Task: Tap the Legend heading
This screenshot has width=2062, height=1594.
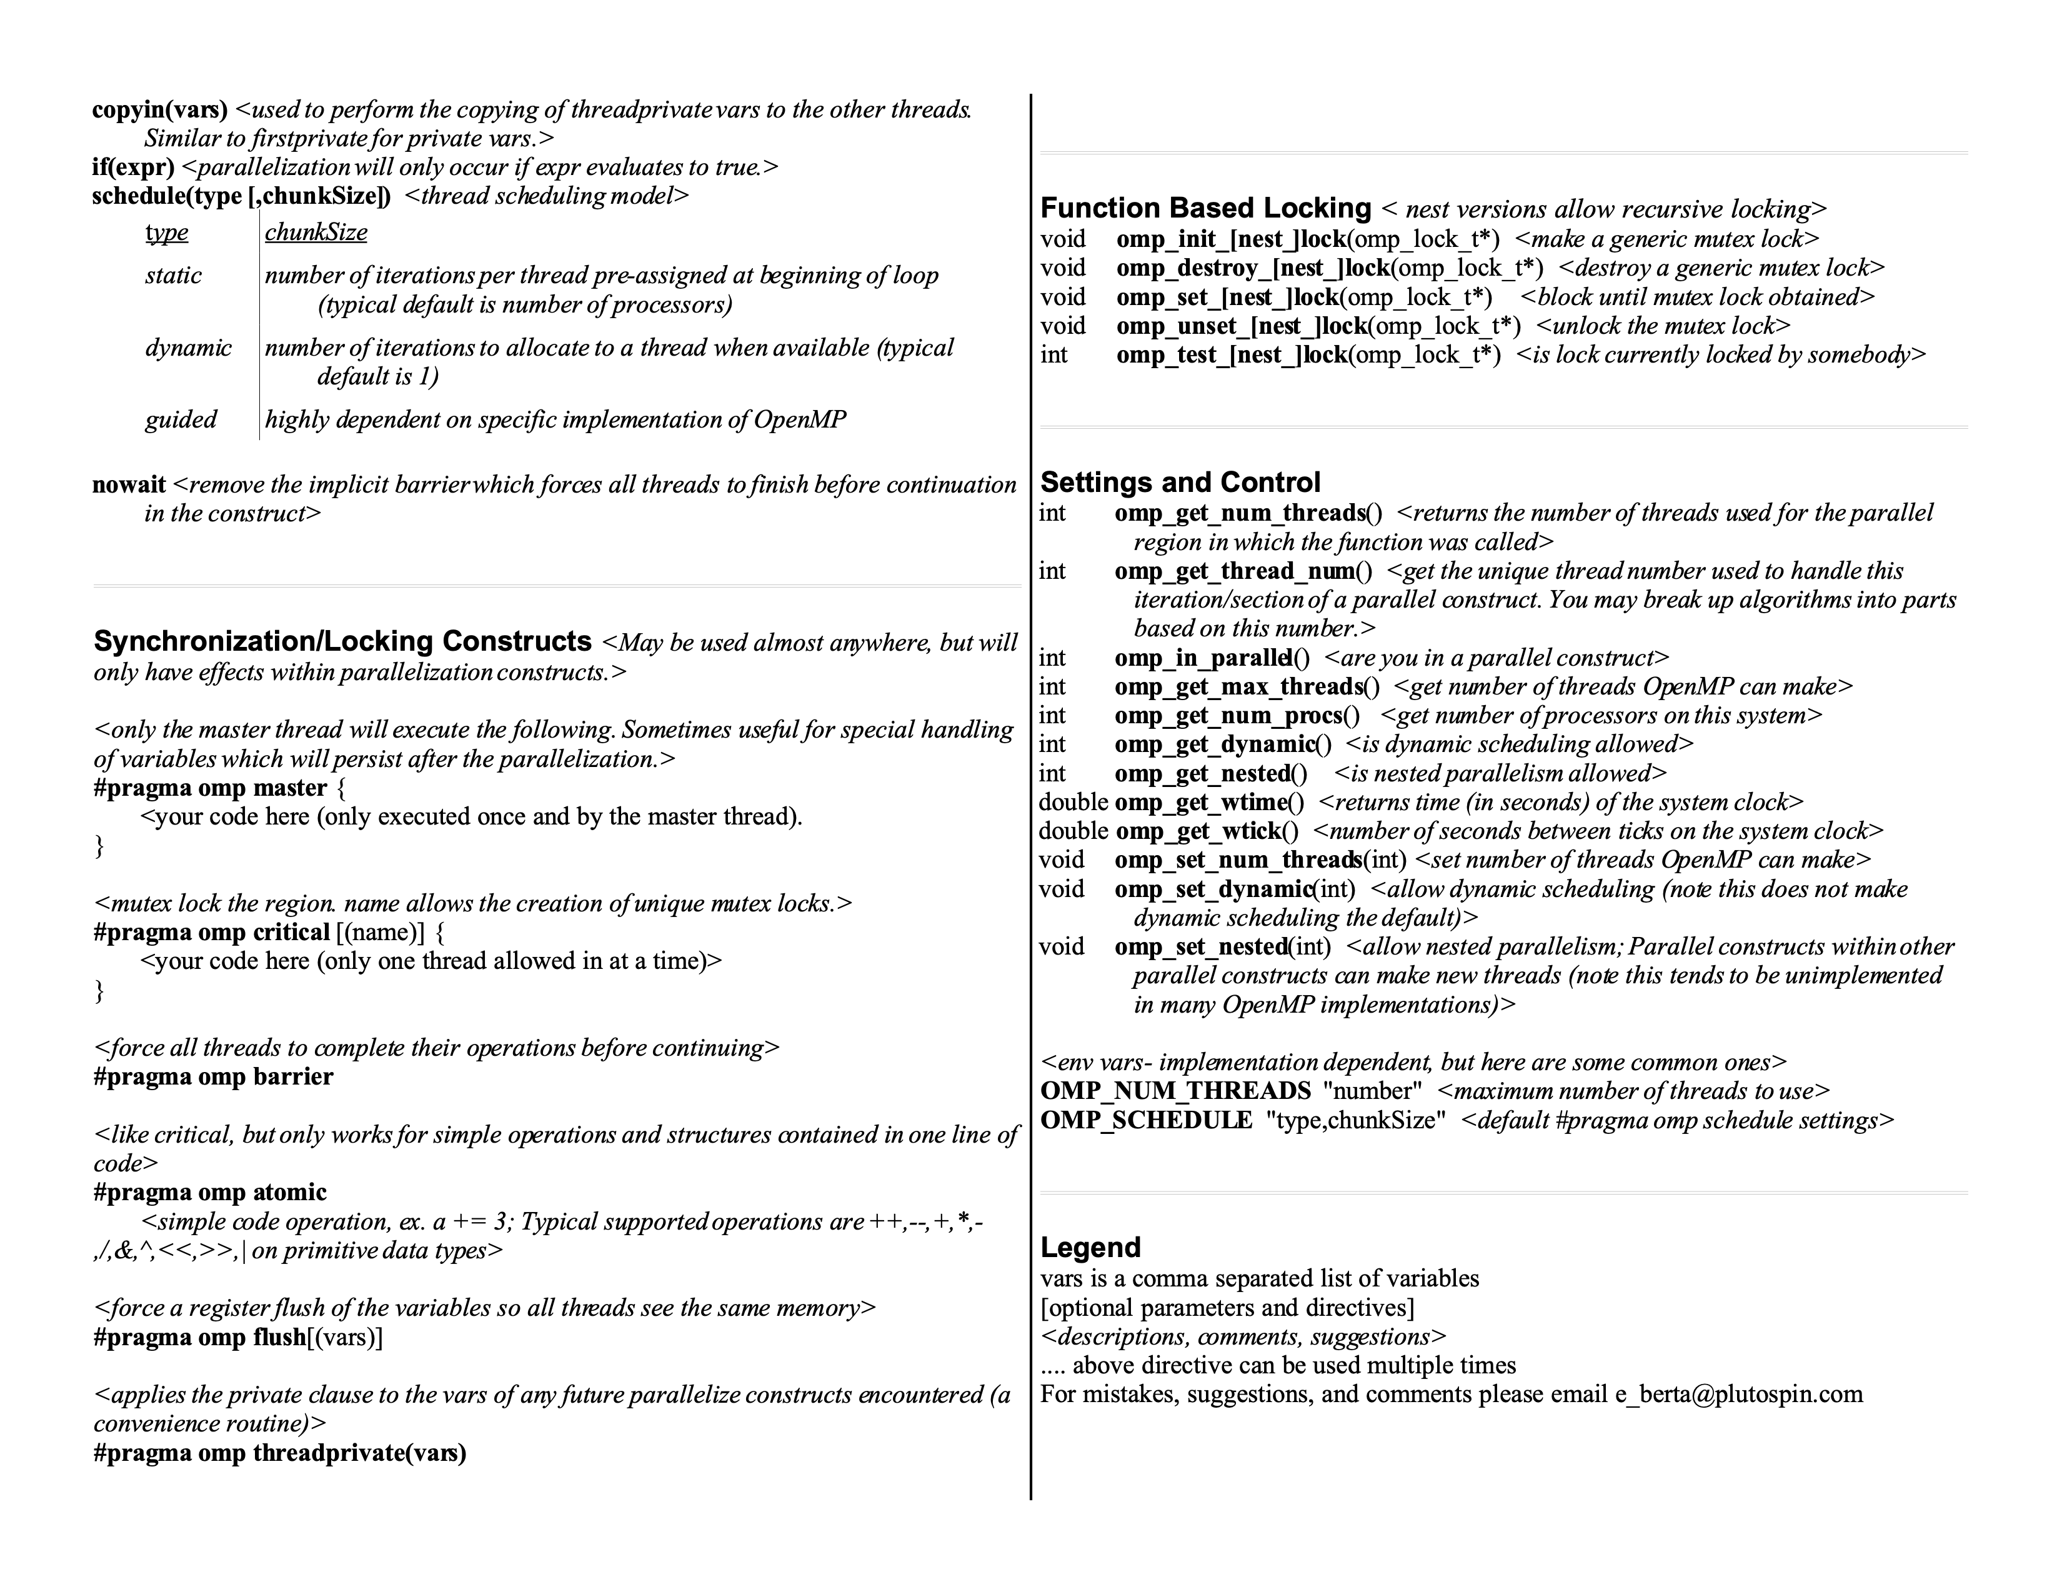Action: (1090, 1248)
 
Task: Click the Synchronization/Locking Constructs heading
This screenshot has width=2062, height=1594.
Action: (342, 641)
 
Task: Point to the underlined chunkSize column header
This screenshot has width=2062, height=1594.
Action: (316, 233)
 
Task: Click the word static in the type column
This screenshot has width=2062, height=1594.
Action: (173, 276)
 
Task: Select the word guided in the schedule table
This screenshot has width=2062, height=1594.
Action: (181, 419)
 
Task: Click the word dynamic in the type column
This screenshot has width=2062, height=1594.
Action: (188, 348)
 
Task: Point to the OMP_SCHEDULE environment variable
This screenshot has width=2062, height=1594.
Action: (1145, 1121)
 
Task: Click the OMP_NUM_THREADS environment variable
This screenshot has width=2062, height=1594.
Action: (1175, 1091)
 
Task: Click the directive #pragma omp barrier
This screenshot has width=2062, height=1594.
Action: (213, 1076)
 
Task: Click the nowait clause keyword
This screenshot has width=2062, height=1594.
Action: (128, 485)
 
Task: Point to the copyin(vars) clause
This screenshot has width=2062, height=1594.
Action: (159, 109)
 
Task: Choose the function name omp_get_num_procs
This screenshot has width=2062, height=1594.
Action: (1227, 716)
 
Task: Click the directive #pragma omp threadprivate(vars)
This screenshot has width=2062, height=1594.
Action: (279, 1452)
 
